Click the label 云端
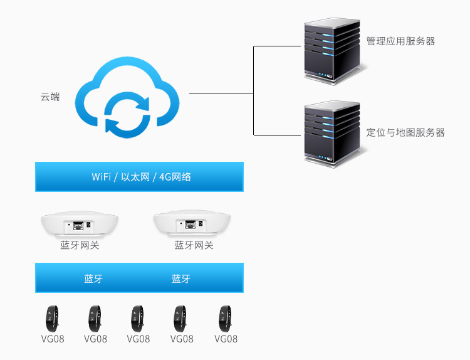click(x=50, y=97)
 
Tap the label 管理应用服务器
click(x=400, y=41)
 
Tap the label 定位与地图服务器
click(x=405, y=133)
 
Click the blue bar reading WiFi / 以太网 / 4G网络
click(x=139, y=177)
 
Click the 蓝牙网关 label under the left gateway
click(x=80, y=245)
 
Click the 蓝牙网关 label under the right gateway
click(x=194, y=245)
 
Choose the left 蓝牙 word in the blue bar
click(x=93, y=278)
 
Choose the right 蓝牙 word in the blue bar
click(x=181, y=278)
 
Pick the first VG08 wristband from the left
click(x=52, y=318)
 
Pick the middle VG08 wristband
click(x=138, y=318)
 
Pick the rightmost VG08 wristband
click(x=225, y=318)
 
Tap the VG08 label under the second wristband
click(x=95, y=339)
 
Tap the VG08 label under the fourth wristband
click(x=182, y=339)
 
